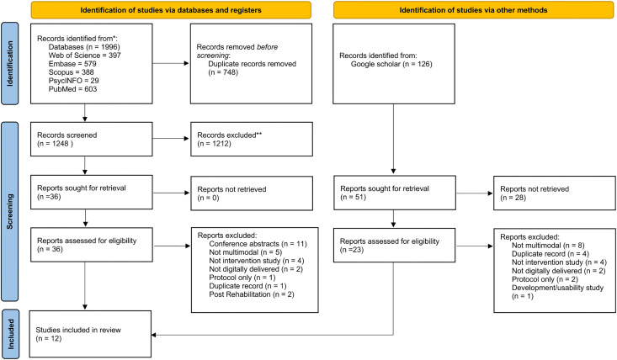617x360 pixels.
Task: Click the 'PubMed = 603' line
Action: pyautogui.click(x=72, y=89)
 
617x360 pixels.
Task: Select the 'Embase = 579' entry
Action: pyautogui.click(x=72, y=64)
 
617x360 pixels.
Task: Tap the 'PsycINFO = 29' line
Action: pyautogui.click(x=73, y=81)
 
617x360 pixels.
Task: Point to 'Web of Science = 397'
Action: pyautogui.click(x=85, y=56)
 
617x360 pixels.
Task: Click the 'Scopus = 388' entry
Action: pyautogui.click(x=72, y=72)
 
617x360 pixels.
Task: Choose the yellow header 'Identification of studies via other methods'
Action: pyautogui.click(x=473, y=10)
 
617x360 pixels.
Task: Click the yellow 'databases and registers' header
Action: pyautogui.click(x=171, y=10)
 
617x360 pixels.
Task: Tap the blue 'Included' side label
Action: pyautogui.click(x=10, y=334)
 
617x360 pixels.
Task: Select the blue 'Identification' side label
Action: pyautogui.click(x=10, y=64)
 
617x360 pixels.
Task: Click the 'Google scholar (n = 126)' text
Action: pyautogui.click(x=391, y=64)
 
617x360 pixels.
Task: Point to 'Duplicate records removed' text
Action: pyautogui.click(x=253, y=64)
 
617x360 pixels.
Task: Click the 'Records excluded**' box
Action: pyautogui.click(x=252, y=139)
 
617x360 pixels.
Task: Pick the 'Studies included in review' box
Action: pyautogui.click(x=90, y=334)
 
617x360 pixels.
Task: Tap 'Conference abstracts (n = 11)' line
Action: pyautogui.click(x=258, y=244)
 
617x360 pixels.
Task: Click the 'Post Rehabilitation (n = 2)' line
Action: pyautogui.click(x=252, y=294)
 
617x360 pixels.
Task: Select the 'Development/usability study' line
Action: pyautogui.click(x=557, y=288)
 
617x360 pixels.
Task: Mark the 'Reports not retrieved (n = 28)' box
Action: pyautogui.click(x=555, y=193)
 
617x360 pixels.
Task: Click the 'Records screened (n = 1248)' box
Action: pyautogui.click(x=91, y=139)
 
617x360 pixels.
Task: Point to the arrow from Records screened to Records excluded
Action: pyautogui.click(x=171, y=138)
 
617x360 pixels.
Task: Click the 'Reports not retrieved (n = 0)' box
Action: pyautogui.click(x=252, y=193)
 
